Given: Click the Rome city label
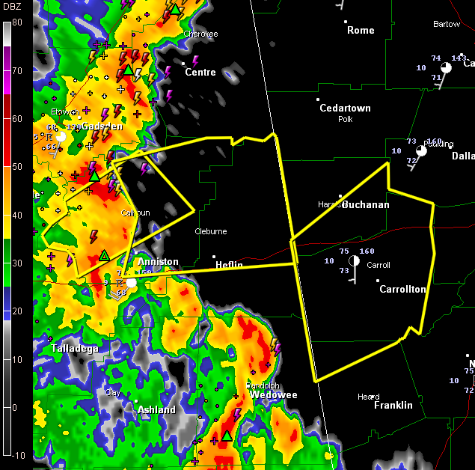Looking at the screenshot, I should [x=361, y=30].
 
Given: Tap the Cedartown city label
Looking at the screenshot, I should [x=345, y=108].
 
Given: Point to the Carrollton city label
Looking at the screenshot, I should [x=402, y=289].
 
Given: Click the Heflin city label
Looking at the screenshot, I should [x=229, y=265].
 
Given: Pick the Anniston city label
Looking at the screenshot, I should [x=158, y=262].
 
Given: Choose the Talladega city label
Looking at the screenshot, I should [x=75, y=349].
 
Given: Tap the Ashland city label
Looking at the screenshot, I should [x=157, y=409].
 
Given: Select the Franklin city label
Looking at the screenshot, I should [x=393, y=405].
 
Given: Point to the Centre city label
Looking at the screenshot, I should [x=200, y=73].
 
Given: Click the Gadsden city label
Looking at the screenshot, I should [x=102, y=126].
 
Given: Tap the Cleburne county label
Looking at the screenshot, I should [x=210, y=231].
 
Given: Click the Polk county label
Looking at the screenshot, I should [x=345, y=119].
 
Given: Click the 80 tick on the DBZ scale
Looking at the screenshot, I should [x=16, y=22].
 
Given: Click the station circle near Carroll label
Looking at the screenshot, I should [x=354, y=260].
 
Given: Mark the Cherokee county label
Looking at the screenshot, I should [x=200, y=34].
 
